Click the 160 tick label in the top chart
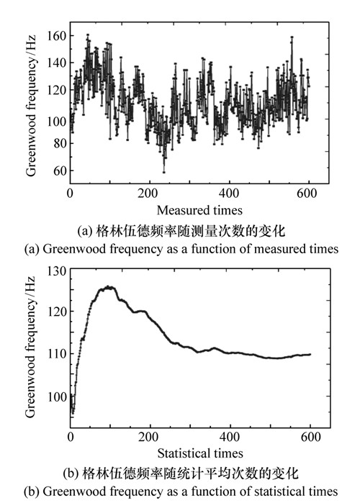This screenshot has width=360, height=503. [x=56, y=35]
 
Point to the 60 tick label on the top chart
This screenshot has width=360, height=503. [x=60, y=171]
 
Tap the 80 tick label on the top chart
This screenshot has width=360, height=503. [x=60, y=143]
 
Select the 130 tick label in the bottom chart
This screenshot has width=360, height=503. [x=57, y=271]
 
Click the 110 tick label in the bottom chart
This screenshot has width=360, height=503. [x=57, y=354]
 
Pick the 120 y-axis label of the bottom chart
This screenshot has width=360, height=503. [x=57, y=311]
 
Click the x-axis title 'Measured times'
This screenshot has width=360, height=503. [x=199, y=210]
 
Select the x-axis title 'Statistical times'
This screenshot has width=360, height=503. [x=200, y=453]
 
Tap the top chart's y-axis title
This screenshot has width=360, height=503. [x=31, y=105]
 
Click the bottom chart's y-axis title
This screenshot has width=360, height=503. [x=30, y=347]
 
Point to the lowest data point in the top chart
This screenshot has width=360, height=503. [x=164, y=172]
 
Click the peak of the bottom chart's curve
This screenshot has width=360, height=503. [x=109, y=287]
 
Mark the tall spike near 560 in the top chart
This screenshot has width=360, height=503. [x=292, y=37]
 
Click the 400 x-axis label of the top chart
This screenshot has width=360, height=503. [x=229, y=194]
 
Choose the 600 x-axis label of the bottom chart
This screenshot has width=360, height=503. [x=310, y=437]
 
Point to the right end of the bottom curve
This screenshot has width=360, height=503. [x=310, y=355]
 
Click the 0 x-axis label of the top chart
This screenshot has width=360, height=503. [x=71, y=194]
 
